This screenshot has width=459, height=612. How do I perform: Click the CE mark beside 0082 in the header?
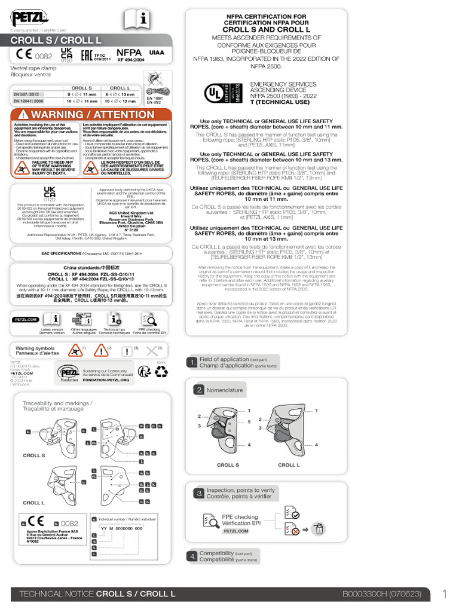tap(25, 56)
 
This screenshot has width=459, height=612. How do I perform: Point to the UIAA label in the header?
tap(156, 53)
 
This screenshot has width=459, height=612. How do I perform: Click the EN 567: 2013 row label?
tap(26, 94)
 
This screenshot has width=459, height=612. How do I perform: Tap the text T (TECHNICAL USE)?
tap(279, 102)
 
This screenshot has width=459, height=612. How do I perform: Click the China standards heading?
tap(91, 267)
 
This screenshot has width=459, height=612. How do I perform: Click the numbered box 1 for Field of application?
tap(192, 362)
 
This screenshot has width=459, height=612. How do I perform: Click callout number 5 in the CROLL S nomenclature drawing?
tap(249, 421)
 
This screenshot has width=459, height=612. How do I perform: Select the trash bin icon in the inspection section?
tap(320, 528)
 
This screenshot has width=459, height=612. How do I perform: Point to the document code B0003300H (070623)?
tap(382, 595)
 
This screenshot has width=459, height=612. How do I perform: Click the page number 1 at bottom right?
tap(445, 594)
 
